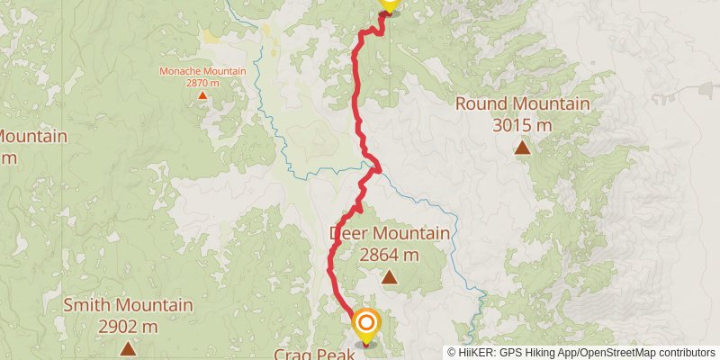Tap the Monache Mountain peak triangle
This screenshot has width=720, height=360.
(202, 94)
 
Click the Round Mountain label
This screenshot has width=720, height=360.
(522, 103)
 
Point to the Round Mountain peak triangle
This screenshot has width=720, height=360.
(522, 147)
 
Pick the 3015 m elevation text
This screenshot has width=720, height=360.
(522, 125)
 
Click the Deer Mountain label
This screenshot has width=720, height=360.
(390, 234)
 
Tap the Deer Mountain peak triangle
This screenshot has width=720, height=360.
(389, 277)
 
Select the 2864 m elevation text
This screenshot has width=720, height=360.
(389, 256)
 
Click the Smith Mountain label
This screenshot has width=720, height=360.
(128, 305)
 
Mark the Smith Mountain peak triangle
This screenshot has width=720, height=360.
(128, 348)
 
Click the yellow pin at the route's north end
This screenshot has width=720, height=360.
(388, 3)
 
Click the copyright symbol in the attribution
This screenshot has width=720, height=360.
(453, 353)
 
